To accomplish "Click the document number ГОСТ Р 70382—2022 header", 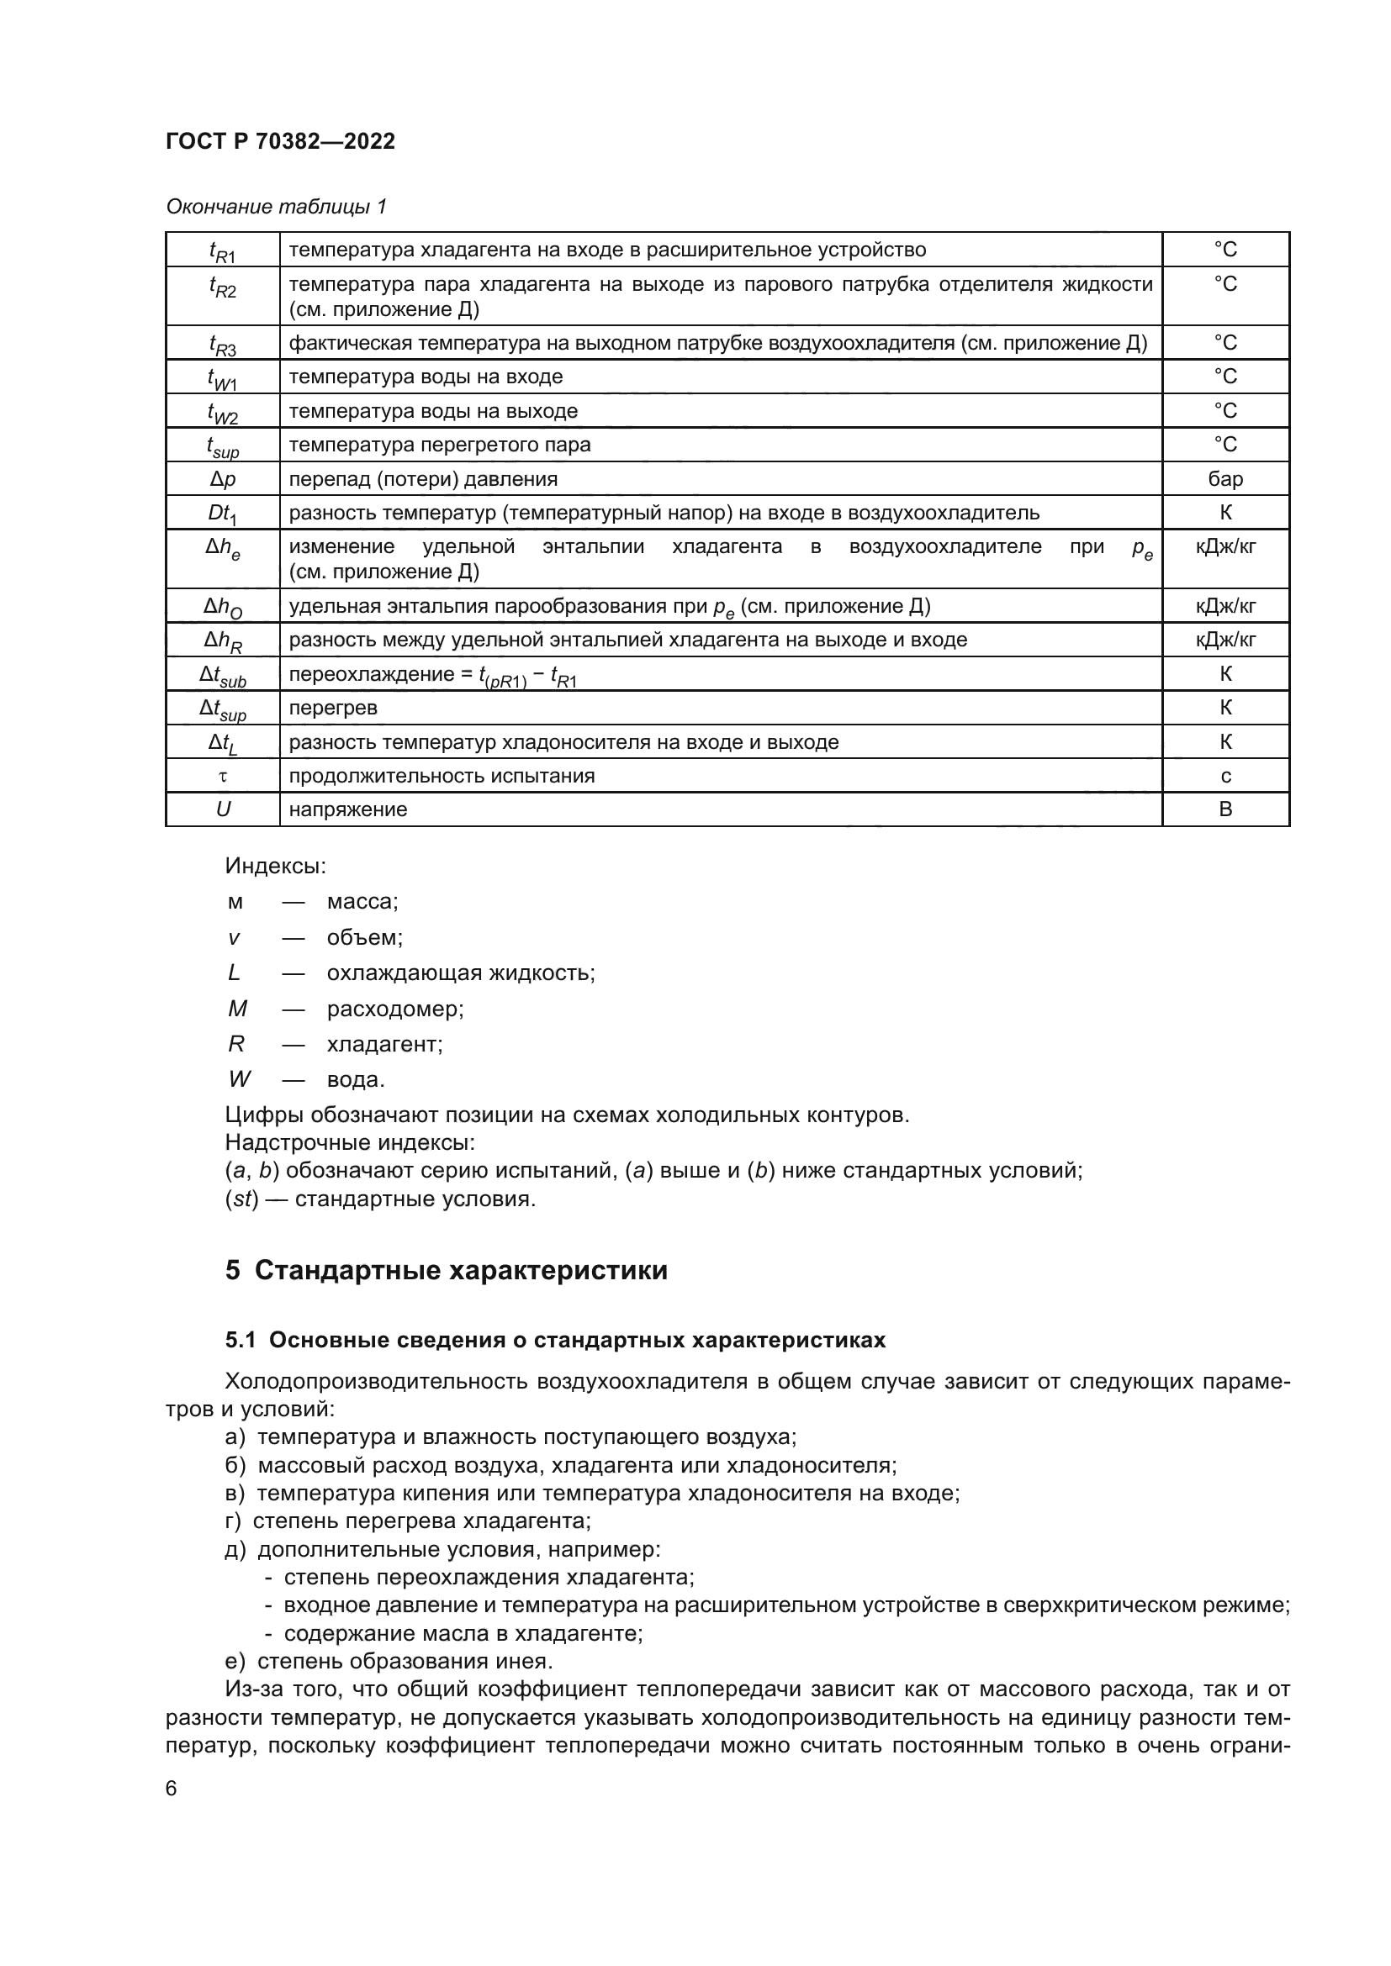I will [x=280, y=141].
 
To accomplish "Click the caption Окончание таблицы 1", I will [x=276, y=207].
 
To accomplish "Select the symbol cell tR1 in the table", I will [x=223, y=250].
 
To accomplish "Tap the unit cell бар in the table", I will [x=1224, y=478].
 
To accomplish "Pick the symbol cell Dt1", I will [x=223, y=513].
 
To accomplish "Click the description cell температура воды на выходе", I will [x=432, y=411].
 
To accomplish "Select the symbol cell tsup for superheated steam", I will [x=223, y=445].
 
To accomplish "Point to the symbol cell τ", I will [x=223, y=776].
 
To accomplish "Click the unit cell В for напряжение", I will [x=1224, y=809].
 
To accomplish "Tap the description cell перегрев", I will [x=332, y=708].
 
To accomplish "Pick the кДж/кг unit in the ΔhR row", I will [x=1224, y=640].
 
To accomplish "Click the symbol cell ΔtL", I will [x=223, y=742].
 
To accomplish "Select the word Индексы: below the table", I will [x=275, y=866].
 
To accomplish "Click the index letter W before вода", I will [x=239, y=1079].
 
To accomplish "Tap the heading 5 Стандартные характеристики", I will [x=447, y=1269].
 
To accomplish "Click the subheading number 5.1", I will [x=241, y=1340].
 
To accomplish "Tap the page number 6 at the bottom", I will [x=172, y=1788].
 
